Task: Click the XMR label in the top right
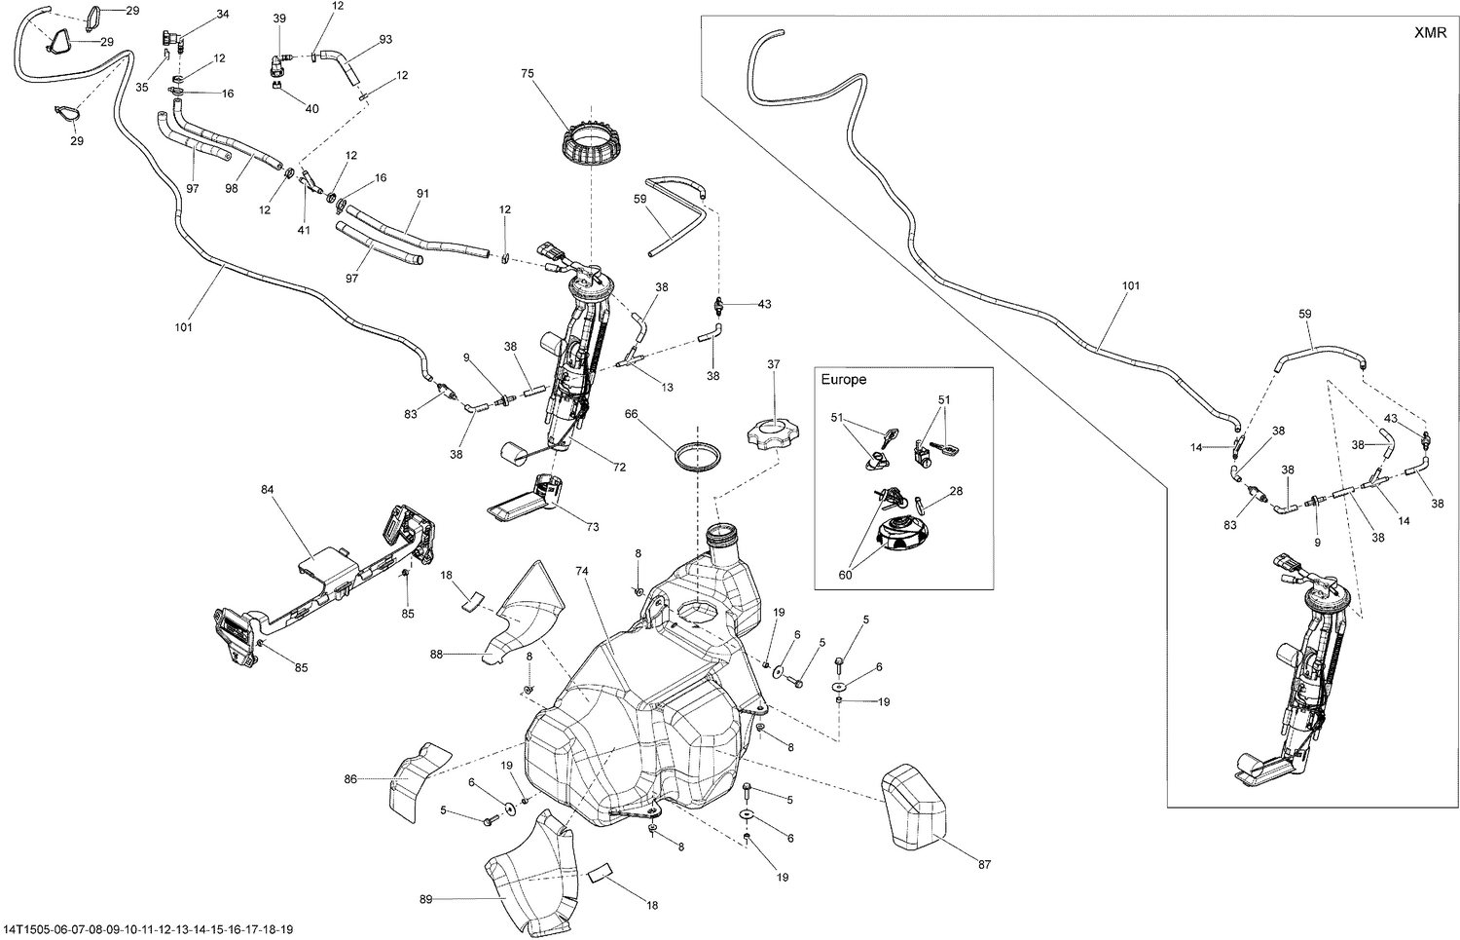click(1430, 33)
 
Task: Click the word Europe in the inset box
click(843, 380)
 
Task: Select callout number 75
click(528, 73)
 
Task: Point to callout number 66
click(631, 414)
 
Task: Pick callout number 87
click(984, 865)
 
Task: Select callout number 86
click(350, 779)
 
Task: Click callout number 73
click(593, 527)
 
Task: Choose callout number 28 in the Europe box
click(957, 492)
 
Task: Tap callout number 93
click(386, 40)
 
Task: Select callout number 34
click(223, 15)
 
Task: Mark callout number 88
click(435, 655)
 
